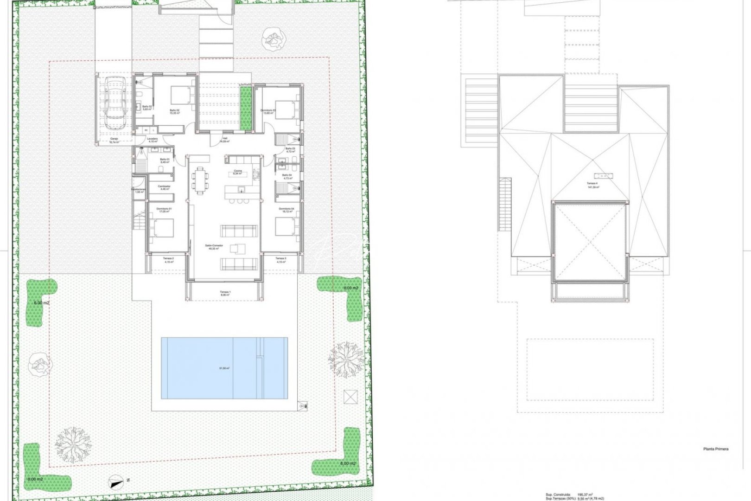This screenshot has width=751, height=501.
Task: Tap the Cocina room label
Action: [237, 171]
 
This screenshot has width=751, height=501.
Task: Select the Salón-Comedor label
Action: [214, 246]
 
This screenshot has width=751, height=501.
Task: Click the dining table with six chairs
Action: [201, 180]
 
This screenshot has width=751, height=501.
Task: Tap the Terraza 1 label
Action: [225, 293]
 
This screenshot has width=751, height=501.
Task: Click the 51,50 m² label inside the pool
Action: [224, 368]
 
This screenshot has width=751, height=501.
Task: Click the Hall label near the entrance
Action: [224, 139]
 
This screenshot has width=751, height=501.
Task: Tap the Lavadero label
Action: [153, 139]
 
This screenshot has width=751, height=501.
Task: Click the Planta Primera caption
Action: [715, 449]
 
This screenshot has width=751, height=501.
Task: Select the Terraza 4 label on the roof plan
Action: [592, 184]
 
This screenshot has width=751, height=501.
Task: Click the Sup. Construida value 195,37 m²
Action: [586, 495]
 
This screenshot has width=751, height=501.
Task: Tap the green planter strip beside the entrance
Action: [246, 108]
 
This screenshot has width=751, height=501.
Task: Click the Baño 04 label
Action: [287, 175]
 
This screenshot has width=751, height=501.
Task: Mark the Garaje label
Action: [114, 139]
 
